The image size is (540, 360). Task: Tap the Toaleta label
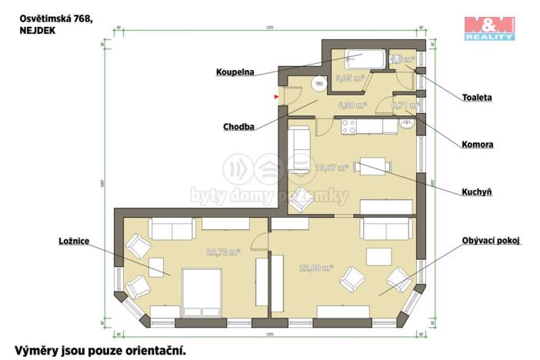(x=477, y=98)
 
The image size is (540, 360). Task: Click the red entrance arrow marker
(x=276, y=97)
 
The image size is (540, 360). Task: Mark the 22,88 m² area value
(x=316, y=268)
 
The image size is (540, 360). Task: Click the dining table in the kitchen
(x=373, y=167)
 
